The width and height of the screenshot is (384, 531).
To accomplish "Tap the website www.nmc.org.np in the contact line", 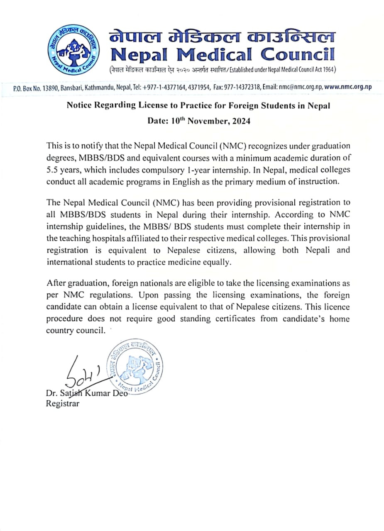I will (x=347, y=87).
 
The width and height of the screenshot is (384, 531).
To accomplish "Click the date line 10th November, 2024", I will (x=199, y=121).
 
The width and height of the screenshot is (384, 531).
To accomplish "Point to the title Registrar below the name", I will (x=63, y=403).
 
